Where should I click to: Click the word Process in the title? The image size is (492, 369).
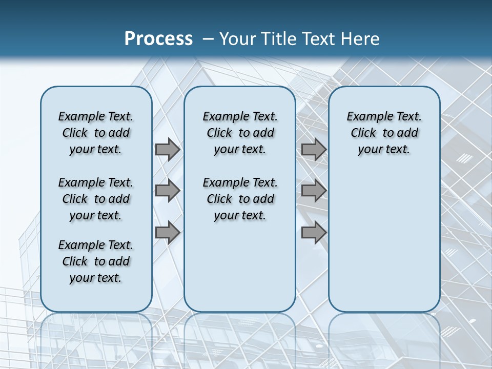tap(158, 38)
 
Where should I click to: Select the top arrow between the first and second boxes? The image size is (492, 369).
tap(167, 149)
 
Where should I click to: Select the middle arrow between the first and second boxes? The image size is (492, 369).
tap(167, 191)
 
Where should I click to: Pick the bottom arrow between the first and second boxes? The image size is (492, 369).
tap(167, 233)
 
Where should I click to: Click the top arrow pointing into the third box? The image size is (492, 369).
tap(314, 149)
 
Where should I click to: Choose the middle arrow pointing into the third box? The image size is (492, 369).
tap(314, 191)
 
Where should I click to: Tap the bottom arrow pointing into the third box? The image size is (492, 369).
tap(314, 233)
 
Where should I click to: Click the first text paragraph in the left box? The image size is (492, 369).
tap(96, 133)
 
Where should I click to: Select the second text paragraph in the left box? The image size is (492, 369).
tap(96, 199)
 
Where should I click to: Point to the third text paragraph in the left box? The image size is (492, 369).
tap(96, 261)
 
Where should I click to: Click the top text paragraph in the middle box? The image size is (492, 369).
tap(240, 133)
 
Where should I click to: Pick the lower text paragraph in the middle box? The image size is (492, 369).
tap(240, 199)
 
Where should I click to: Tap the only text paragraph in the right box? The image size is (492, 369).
tap(384, 133)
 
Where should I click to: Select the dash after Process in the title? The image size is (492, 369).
tap(208, 39)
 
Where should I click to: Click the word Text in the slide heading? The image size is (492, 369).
tap(315, 39)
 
